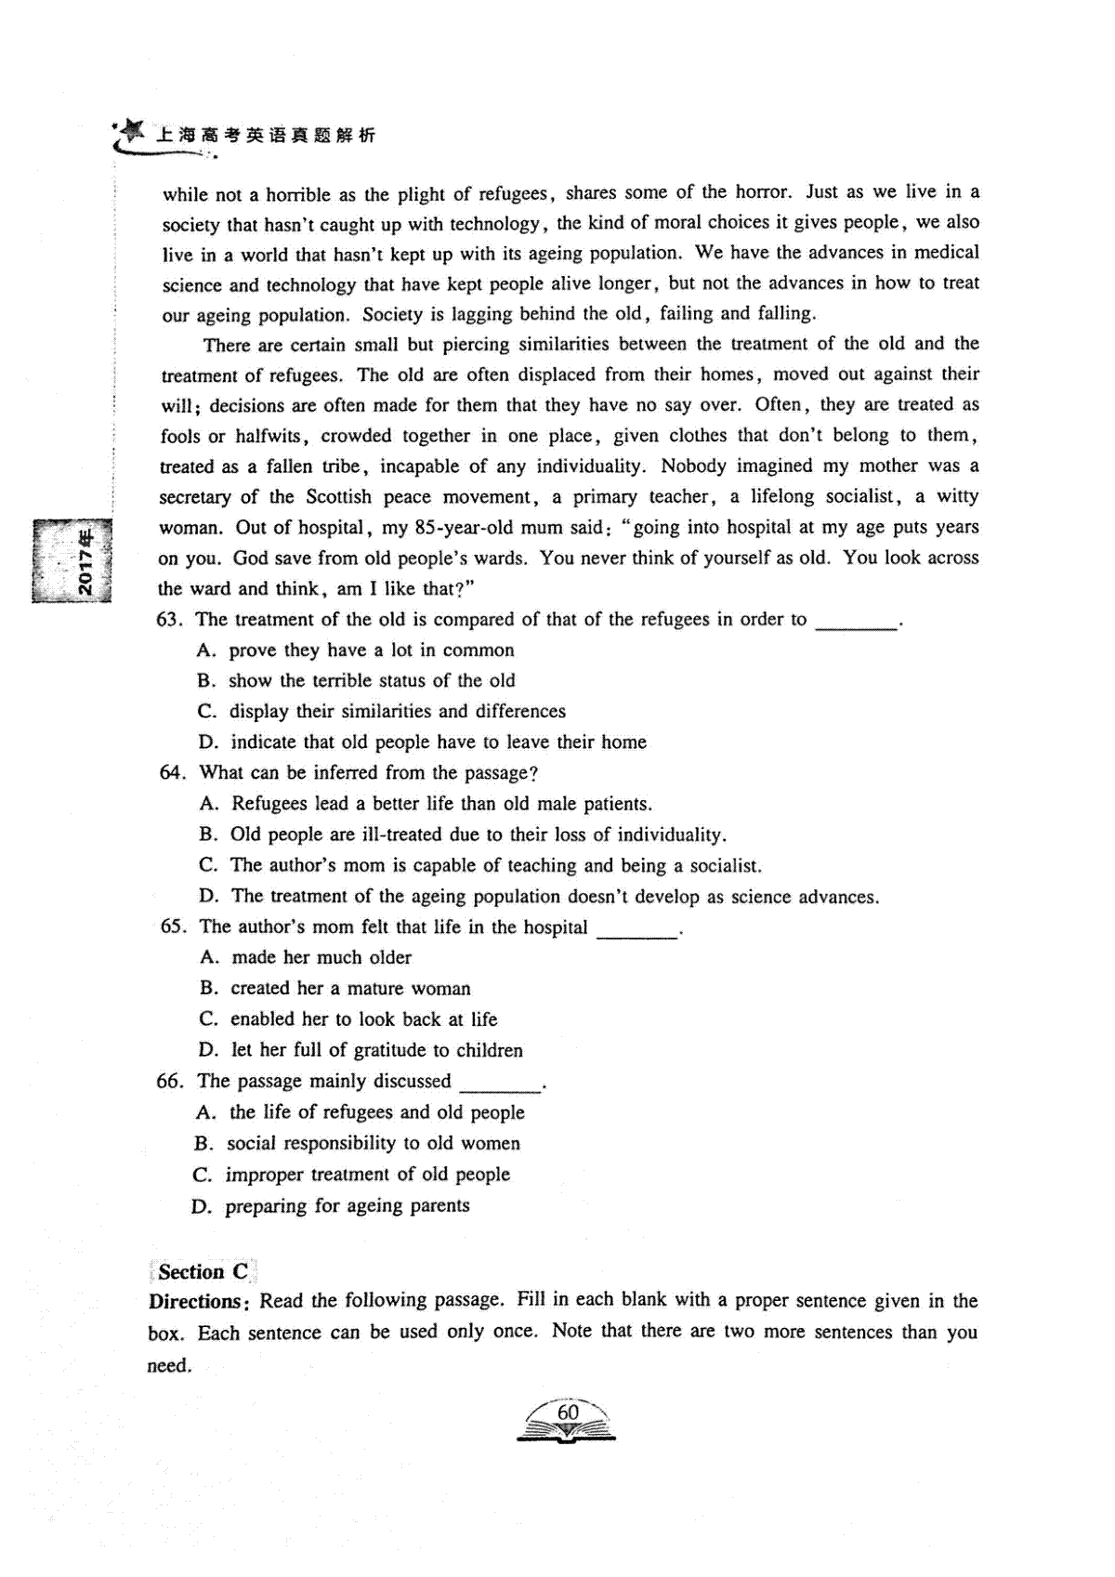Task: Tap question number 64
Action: coord(173,772)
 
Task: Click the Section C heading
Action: coord(203,1272)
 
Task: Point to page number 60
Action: coord(567,1413)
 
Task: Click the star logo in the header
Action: coord(131,130)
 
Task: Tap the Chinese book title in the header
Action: coord(265,136)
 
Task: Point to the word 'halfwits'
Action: coord(272,435)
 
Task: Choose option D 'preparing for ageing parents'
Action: coord(347,1206)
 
